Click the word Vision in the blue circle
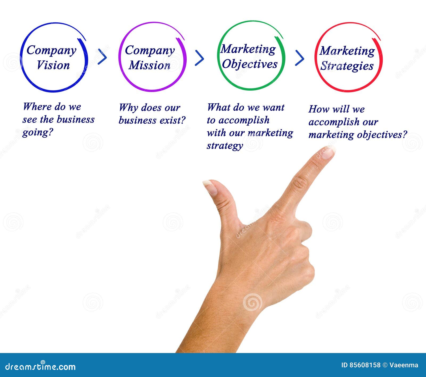53,65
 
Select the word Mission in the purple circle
150,65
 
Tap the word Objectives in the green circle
250,64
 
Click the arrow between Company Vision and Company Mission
102,56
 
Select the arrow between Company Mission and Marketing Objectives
199,58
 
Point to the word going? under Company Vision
38,132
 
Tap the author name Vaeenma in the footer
404,365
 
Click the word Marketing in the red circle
347,51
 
